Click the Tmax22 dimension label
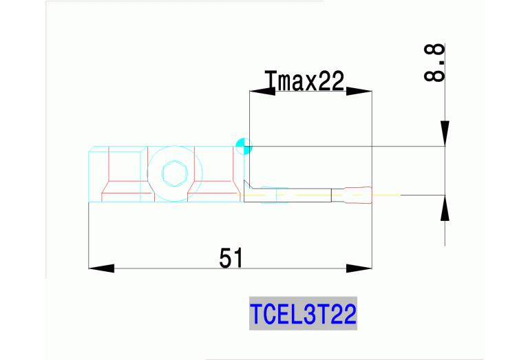(x=304, y=82)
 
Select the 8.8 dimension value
(x=434, y=63)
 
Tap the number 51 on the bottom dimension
(x=232, y=258)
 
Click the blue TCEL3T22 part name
(x=303, y=315)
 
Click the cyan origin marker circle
(x=243, y=145)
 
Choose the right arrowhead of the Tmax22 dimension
(x=359, y=92)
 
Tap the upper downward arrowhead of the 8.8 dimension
(x=445, y=133)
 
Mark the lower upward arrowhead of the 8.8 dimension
(x=445, y=209)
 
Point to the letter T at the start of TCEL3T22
(x=256, y=315)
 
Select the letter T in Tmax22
(x=271, y=82)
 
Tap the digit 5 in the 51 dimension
(x=226, y=258)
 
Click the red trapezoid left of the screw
(x=124, y=191)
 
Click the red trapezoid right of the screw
(x=216, y=191)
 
